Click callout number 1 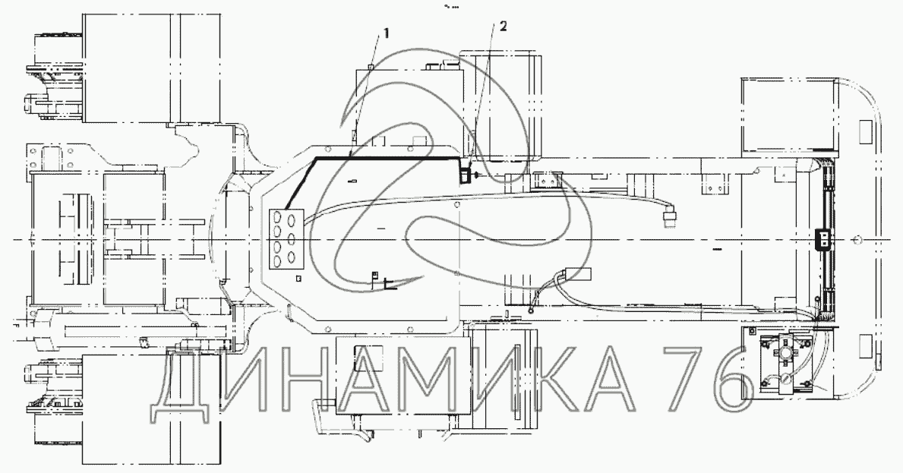click(x=386, y=33)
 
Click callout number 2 click(x=504, y=27)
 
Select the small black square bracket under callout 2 click(x=464, y=174)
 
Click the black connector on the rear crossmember click(x=823, y=238)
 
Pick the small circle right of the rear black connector click(x=857, y=239)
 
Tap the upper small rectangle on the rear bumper click(x=864, y=132)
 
